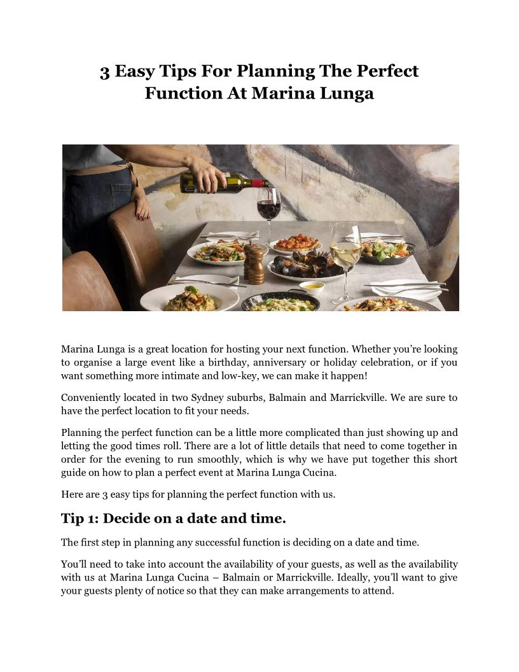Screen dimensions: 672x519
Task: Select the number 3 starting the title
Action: point(104,71)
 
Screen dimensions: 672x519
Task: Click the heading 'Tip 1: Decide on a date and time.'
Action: point(173,519)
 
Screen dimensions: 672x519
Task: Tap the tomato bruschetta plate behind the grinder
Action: point(296,242)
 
